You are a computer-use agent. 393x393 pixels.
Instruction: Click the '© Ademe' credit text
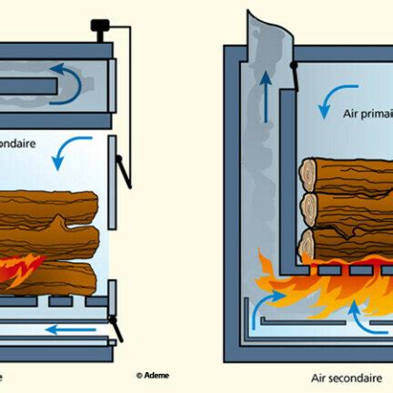point(152,375)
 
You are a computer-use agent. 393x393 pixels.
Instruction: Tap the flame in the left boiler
point(20,268)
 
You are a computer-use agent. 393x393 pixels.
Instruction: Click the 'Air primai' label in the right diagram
point(364,128)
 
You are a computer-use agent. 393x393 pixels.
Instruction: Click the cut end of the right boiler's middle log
point(310,208)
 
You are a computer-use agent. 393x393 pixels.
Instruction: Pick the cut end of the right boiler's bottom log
point(310,245)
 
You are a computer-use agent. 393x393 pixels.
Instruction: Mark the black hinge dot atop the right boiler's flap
point(291,66)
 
